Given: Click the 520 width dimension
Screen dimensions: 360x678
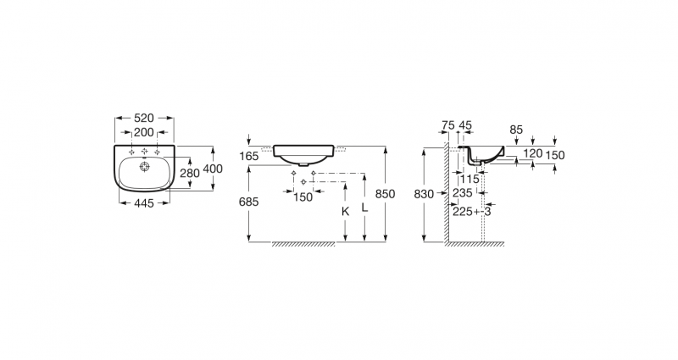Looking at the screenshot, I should coord(144,119).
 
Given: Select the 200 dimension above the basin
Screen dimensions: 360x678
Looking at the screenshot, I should coord(144,134).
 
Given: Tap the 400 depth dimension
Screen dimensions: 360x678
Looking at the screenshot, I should coord(213,169).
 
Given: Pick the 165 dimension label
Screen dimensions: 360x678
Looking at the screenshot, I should coord(249,156).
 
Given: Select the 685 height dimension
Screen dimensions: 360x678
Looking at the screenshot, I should coord(247,202).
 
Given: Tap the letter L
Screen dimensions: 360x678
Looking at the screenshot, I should coord(364,207).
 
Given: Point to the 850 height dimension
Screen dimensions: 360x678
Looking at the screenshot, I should coord(386,193).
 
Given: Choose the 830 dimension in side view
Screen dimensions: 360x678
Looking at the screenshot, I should coord(424,194).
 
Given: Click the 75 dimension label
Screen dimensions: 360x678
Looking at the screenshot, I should coord(447,125).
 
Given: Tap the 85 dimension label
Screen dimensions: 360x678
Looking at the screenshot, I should coord(516,130).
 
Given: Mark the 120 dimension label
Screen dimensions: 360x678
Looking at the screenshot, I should coord(533,154).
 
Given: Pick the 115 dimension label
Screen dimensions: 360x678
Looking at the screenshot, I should coord(470,179).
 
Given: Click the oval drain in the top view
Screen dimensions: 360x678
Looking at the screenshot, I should coord(144,167).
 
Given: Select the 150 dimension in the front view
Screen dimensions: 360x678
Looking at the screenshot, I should coord(303,197).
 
